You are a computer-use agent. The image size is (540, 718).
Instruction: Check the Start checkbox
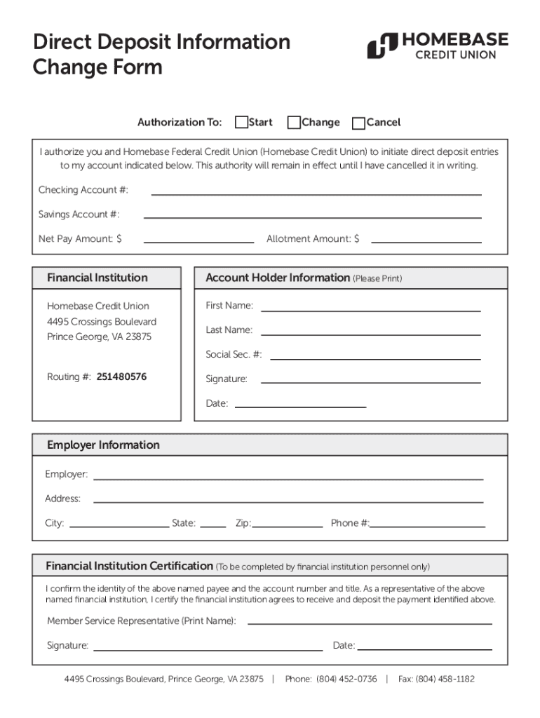(x=241, y=123)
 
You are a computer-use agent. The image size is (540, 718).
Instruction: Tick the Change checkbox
(x=295, y=123)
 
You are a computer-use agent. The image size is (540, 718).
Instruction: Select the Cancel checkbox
(x=358, y=123)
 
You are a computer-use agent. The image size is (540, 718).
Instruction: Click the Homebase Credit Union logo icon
(x=382, y=46)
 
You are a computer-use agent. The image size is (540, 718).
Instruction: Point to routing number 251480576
(x=121, y=377)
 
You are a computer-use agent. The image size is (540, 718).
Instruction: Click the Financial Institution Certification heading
(x=129, y=566)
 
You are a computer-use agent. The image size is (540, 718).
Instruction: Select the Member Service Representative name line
(x=370, y=622)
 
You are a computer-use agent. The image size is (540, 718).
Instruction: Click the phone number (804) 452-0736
(x=346, y=679)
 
